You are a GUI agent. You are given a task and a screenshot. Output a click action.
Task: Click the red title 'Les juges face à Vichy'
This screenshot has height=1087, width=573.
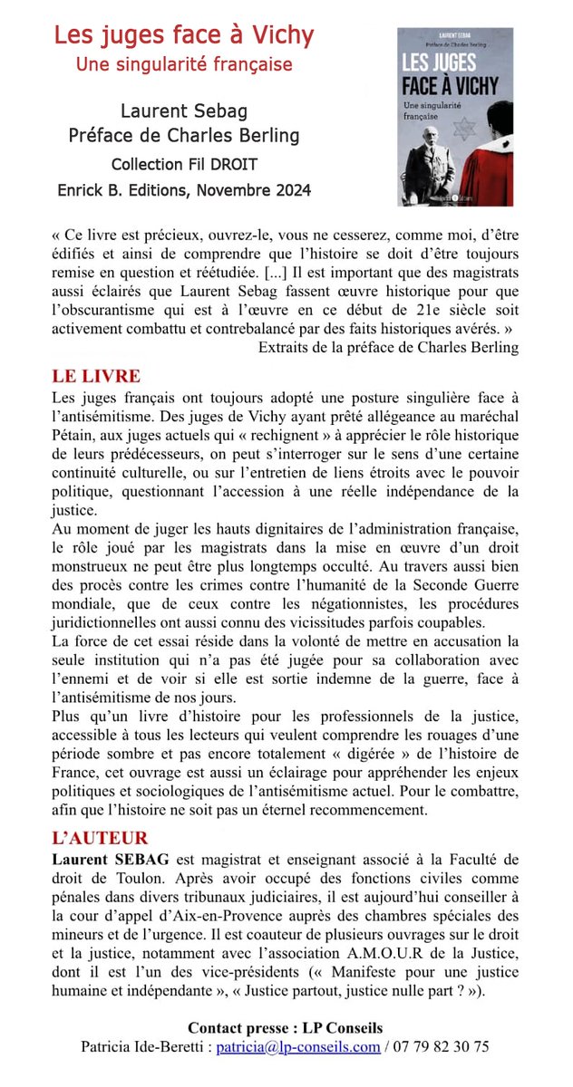tap(184, 36)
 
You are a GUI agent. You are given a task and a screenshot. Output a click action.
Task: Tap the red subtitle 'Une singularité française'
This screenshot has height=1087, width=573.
tap(184, 65)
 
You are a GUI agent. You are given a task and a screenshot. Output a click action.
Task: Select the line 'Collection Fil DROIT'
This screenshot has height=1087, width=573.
tap(184, 165)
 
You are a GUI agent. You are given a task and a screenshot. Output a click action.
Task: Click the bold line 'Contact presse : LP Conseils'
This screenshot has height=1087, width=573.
tap(286, 1028)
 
